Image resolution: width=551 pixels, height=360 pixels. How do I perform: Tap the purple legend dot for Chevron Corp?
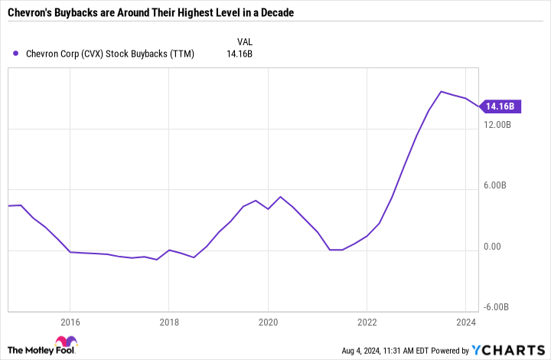tap(16, 54)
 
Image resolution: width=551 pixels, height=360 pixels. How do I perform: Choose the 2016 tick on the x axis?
tap(70, 322)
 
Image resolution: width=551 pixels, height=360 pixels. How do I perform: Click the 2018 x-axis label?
tap(168, 322)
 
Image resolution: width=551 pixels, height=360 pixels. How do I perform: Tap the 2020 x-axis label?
tap(268, 322)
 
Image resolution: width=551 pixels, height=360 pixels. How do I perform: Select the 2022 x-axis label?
tap(367, 322)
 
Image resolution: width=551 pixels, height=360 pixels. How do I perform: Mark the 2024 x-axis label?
tap(465, 322)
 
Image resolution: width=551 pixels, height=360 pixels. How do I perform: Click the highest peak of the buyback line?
tap(441, 92)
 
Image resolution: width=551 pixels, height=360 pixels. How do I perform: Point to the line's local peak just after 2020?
tap(280, 197)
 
